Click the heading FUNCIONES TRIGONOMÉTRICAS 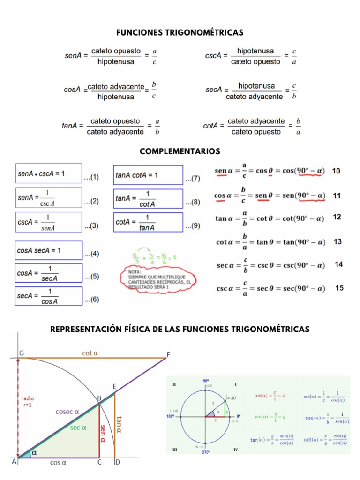180,32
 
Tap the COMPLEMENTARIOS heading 180,151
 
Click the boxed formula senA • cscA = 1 49,174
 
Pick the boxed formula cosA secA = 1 49,251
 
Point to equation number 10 337,171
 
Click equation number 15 339,287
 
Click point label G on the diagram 22,352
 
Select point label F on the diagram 168,354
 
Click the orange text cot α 90,353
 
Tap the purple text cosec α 67,412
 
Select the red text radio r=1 28,402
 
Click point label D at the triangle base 117,463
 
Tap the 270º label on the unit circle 206,453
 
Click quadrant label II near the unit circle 174,384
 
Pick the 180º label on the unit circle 171,416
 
